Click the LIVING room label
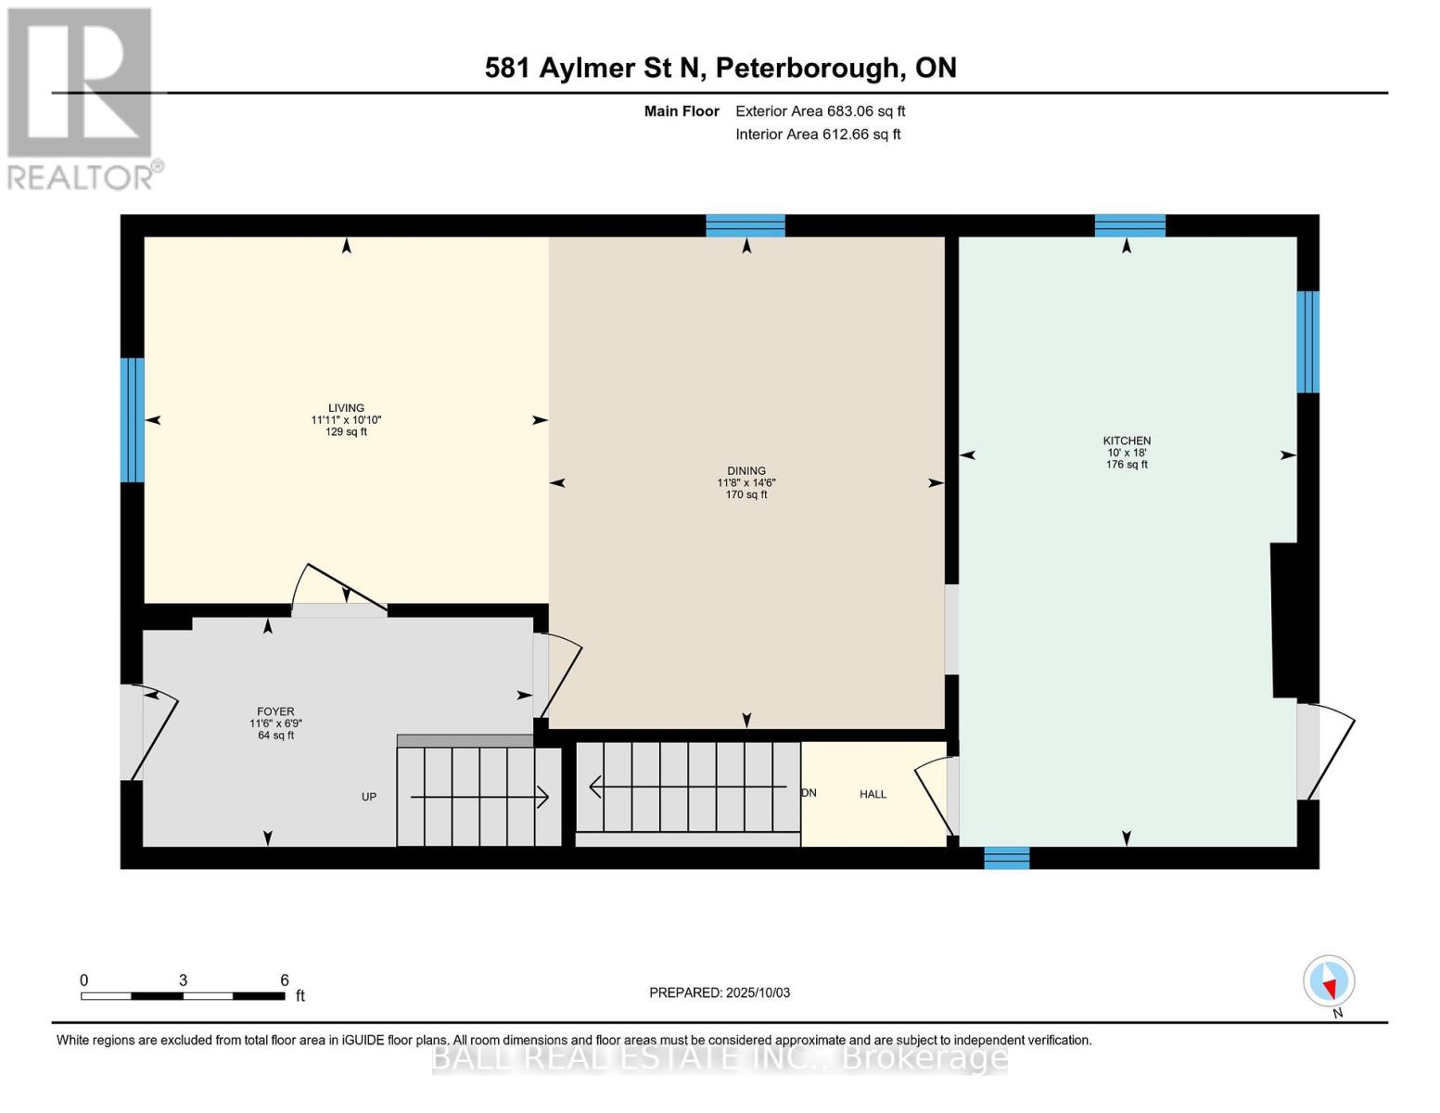346,408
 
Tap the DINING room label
746,471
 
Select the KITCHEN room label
1127,441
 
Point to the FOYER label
275,711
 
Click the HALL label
873,794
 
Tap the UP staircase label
369,797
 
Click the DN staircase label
809,793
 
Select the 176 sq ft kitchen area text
1127,465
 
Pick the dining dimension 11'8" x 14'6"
746,483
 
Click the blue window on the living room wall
133,420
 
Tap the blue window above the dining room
745,225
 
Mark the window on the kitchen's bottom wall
1006,858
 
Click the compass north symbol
1329,981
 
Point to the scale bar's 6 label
285,980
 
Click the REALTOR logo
82,97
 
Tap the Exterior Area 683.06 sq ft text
820,111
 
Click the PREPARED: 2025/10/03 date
720,992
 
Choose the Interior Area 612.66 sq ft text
818,134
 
